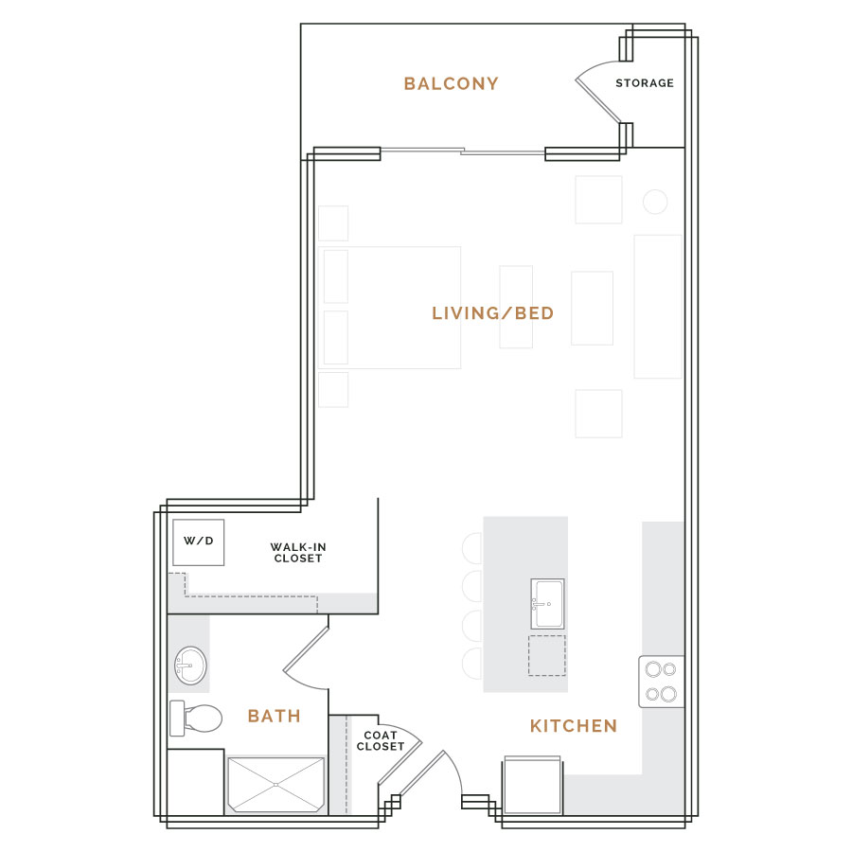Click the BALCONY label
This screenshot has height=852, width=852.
451,83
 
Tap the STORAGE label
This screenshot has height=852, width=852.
645,83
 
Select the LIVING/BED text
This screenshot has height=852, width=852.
493,313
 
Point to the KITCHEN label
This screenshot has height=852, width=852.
574,726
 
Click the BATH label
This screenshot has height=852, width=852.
274,717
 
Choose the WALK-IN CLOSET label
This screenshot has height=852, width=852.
298,553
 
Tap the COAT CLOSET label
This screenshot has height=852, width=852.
381,740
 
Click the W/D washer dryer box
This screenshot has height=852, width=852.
199,542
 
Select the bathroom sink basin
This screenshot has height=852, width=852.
190,666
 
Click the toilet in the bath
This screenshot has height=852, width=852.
196,718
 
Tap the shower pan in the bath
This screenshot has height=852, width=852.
276,785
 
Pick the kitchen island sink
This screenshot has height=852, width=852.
547,604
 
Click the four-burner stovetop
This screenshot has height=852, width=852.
661,682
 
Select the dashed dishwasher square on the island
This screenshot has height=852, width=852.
546,655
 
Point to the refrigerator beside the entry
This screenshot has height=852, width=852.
532,785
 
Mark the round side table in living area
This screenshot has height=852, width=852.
655,203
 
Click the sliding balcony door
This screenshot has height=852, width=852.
462,151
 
